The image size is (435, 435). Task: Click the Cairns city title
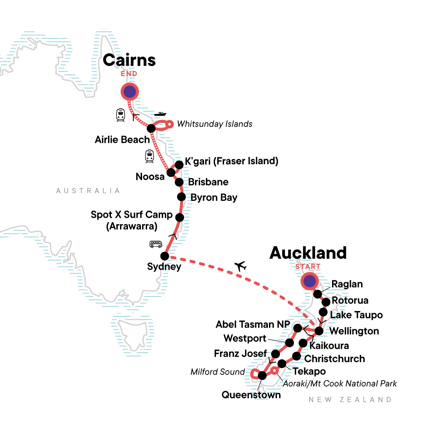coord(129,60)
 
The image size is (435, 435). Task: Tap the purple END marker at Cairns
coord(129,92)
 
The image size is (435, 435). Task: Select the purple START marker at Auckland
coord(309,281)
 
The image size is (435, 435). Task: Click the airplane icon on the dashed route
coord(240,266)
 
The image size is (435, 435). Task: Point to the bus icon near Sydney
coord(156,244)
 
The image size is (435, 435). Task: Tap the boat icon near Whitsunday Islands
coord(160,114)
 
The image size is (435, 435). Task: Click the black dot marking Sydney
coord(165,256)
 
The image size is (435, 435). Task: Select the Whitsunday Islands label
coord(215,124)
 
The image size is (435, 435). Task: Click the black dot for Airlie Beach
coord(151,128)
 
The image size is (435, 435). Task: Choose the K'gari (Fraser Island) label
coord(231,161)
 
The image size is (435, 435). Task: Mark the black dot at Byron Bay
coord(181,197)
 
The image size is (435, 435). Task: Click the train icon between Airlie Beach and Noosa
coord(149,156)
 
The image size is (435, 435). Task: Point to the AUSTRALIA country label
coord(88,191)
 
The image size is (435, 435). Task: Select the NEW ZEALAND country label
coord(350,399)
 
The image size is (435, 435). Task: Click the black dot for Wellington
coord(319,331)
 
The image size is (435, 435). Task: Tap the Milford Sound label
coord(217,372)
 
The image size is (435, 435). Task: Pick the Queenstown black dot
coord(262,376)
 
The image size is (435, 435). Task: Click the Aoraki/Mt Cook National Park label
coord(340,384)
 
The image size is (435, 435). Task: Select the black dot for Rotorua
coord(326,302)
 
